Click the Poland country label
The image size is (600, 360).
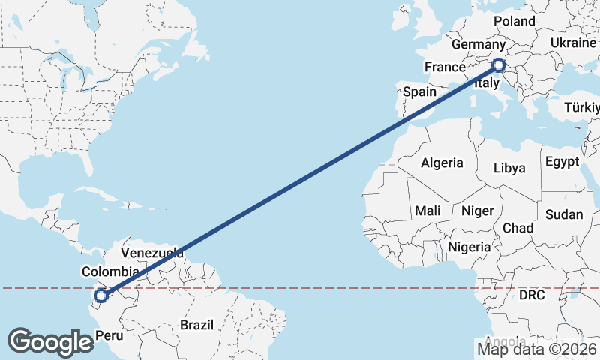click(x=514, y=21)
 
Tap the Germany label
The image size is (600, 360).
click(x=480, y=45)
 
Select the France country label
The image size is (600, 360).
click(x=445, y=67)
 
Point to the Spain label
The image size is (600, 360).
click(x=420, y=91)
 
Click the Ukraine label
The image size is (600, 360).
click(x=573, y=43)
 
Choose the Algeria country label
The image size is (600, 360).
click(x=442, y=163)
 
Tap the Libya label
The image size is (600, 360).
click(x=509, y=168)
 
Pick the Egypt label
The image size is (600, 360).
click(x=562, y=162)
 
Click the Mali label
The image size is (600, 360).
click(x=427, y=211)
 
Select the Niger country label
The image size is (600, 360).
click(x=477, y=211)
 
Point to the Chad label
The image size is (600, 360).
click(x=518, y=227)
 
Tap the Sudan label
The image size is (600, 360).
click(x=564, y=214)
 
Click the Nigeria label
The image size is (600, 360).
click(x=469, y=246)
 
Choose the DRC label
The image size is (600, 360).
click(x=532, y=295)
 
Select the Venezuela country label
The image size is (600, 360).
click(x=152, y=253)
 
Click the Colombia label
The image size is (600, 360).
click(x=110, y=271)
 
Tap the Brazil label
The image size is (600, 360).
click(x=196, y=325)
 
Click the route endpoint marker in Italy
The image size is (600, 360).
click(x=500, y=66)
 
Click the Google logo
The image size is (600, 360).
click(x=51, y=341)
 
